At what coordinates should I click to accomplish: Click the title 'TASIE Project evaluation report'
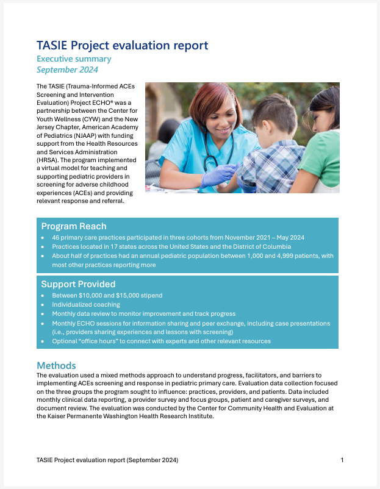[122, 46]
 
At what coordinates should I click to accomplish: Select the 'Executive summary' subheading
[74, 59]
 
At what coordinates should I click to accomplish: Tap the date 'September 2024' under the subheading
[67, 70]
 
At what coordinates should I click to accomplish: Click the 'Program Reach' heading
[73, 226]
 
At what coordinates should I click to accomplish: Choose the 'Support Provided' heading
[78, 284]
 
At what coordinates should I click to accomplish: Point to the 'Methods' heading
[56, 365]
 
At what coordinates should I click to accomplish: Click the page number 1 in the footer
[342, 460]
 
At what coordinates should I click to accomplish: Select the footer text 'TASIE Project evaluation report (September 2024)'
[107, 460]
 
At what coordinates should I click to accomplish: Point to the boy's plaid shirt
[271, 165]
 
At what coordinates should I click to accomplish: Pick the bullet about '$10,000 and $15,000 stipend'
[107, 295]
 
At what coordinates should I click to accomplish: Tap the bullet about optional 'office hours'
[162, 341]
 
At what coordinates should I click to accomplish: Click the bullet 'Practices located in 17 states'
[171, 246]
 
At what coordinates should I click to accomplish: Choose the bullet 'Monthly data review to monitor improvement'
[144, 313]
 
